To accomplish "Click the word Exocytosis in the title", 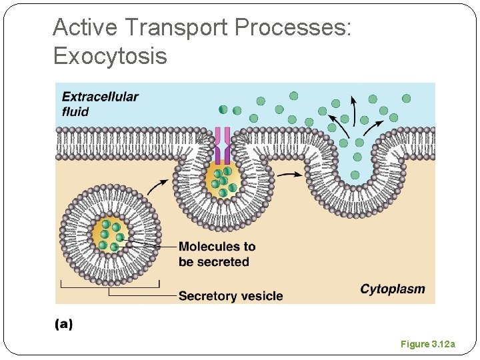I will [110, 56].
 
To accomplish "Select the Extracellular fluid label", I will [100, 103].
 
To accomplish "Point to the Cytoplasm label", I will [392, 289].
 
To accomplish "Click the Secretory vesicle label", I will [231, 295].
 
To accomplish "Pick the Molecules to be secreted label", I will [217, 254].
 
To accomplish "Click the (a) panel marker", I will [63, 324].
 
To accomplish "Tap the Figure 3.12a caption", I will [427, 344].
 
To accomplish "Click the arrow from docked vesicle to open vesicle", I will [289, 175].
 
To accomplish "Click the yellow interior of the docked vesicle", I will [223, 181].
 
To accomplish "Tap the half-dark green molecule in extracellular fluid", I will [223, 110].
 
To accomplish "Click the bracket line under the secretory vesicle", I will [110, 287].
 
